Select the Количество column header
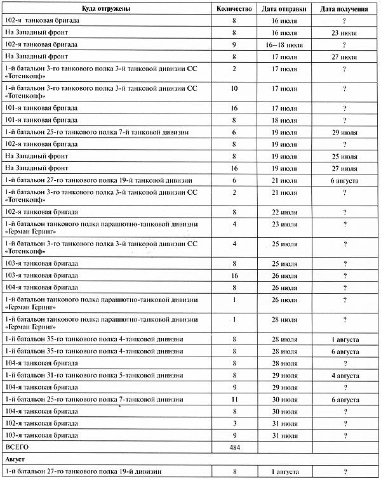235,9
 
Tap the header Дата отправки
285,9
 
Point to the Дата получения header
344,9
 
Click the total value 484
235,448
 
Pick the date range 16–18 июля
285,44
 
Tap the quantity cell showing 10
235,89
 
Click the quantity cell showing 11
235,400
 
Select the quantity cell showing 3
235,424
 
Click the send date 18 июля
285,120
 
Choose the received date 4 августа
344,376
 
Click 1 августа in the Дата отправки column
285,471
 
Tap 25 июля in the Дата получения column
344,156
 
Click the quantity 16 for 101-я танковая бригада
235,108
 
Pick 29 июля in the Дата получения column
344,132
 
